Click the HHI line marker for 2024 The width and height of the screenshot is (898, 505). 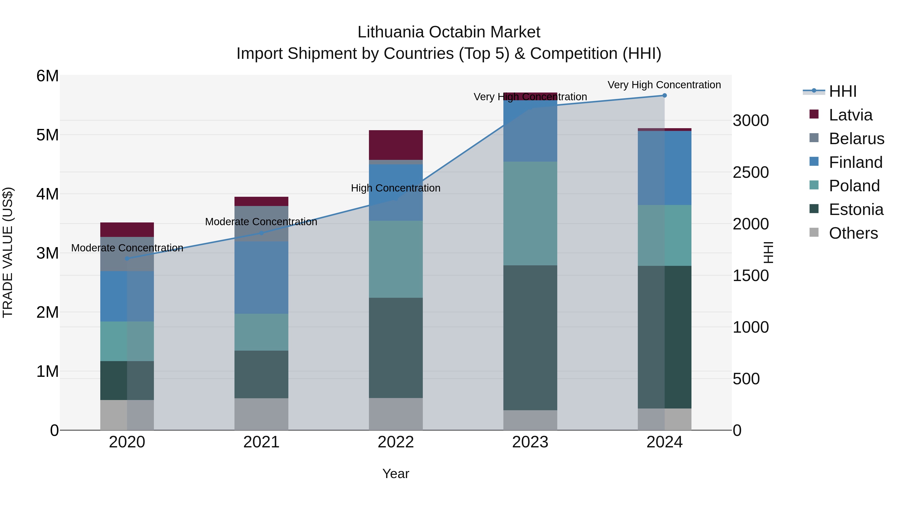pos(665,96)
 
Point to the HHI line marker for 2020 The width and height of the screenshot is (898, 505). pos(127,259)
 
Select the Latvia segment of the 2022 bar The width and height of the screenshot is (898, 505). pos(396,145)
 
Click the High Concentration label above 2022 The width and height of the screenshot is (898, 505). pos(396,188)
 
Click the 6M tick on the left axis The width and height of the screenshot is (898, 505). pos(47,76)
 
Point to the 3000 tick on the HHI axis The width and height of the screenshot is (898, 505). pos(751,121)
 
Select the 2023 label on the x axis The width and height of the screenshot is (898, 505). pos(530,442)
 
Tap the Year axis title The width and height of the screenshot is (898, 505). pos(396,474)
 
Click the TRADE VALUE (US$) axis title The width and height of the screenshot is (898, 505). pos(8,252)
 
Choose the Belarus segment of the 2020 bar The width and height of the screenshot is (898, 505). pos(127,254)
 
